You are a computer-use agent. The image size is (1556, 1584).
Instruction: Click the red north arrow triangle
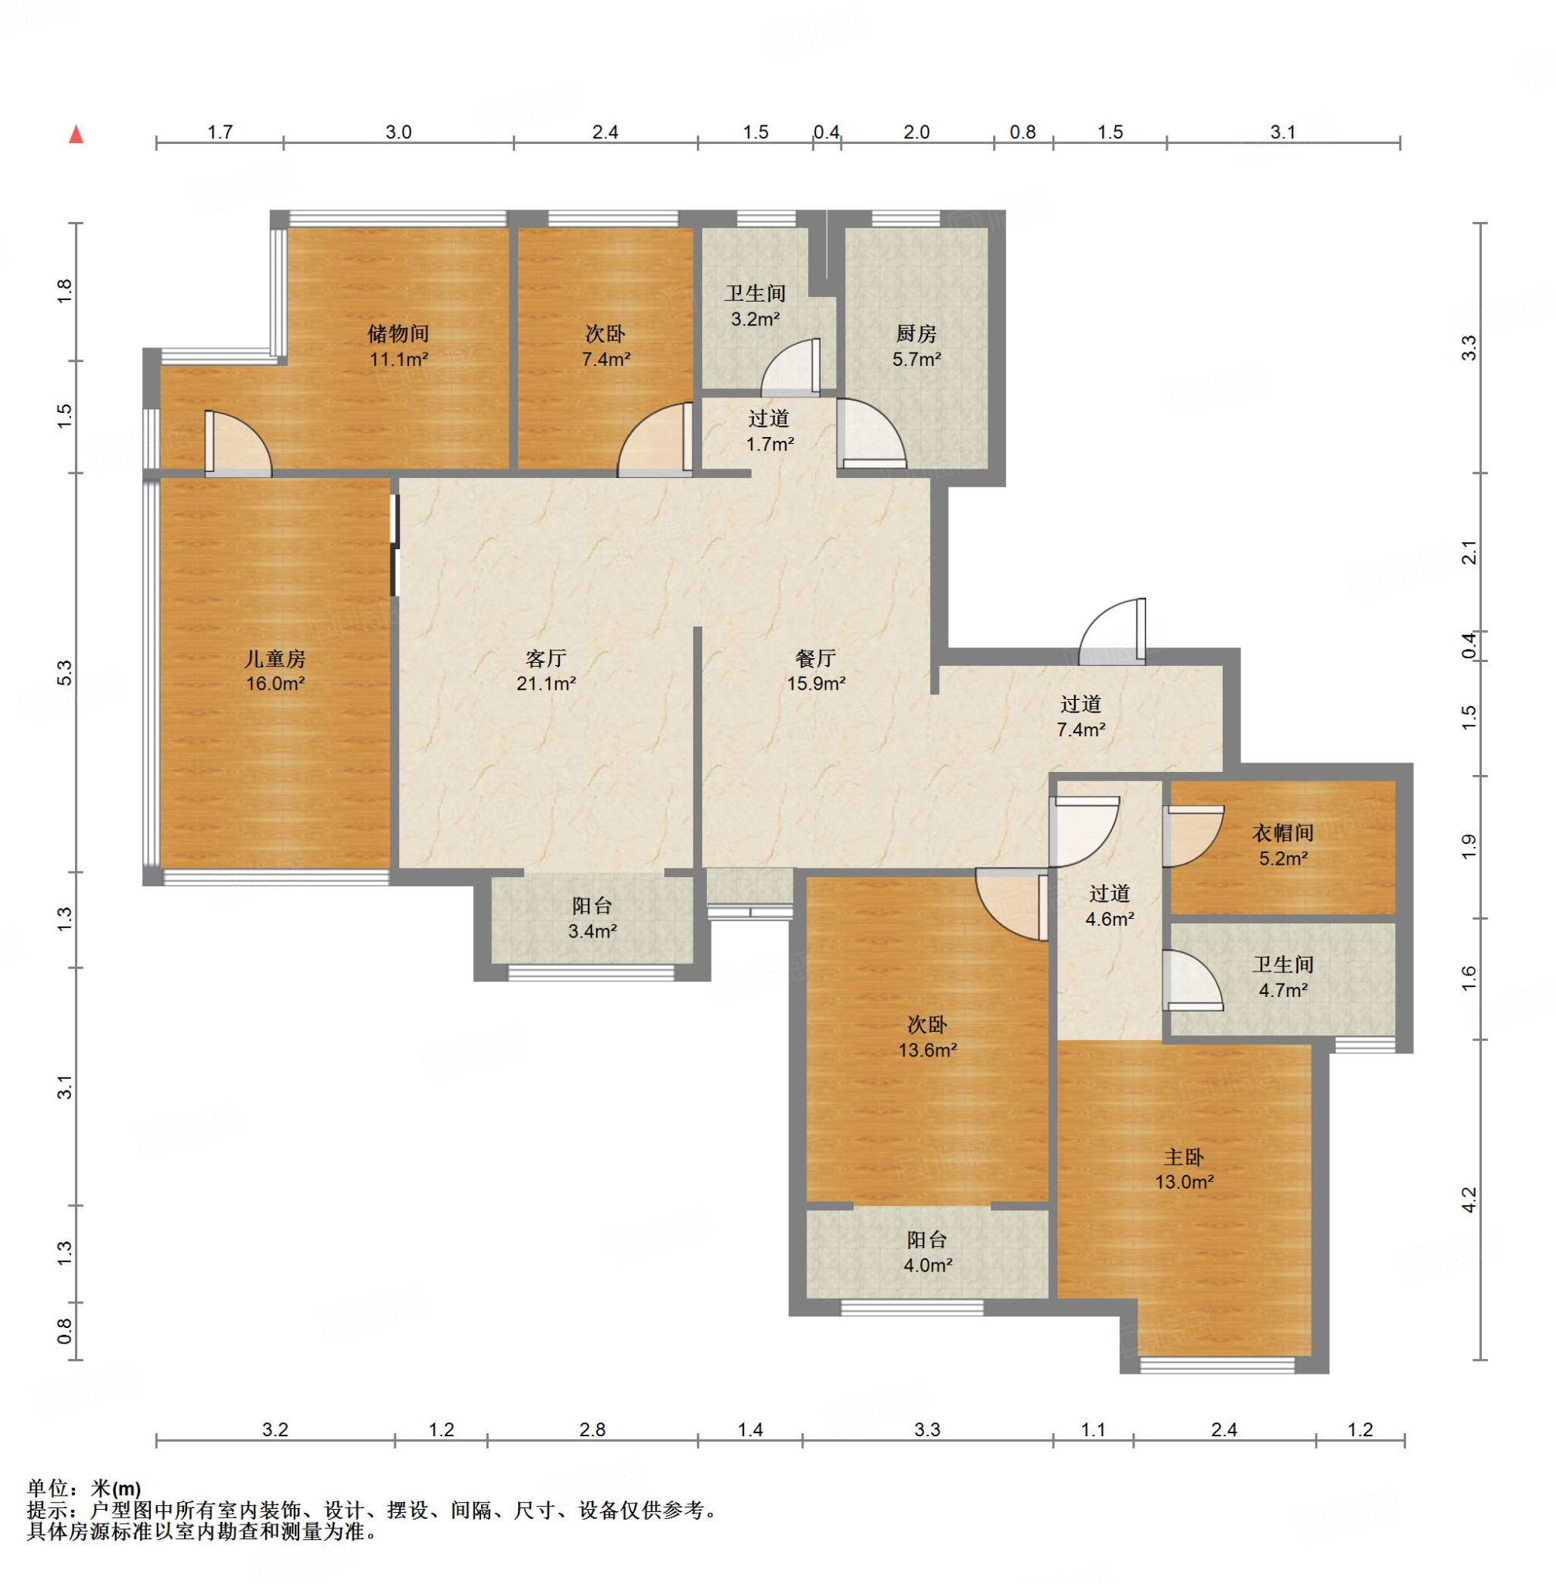[76, 134]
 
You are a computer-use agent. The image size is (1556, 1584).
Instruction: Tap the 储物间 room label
[398, 333]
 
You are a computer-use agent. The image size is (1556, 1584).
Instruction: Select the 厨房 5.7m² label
[916, 346]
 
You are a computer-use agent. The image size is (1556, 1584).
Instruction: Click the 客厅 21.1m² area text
[546, 683]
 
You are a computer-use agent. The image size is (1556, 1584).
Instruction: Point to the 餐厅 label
[816, 658]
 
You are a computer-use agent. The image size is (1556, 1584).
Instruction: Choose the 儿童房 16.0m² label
[275, 671]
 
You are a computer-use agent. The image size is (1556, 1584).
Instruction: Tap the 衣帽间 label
[1283, 833]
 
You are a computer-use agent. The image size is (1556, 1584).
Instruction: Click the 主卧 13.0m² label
[1184, 1169]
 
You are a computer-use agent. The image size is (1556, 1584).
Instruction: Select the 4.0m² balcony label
[926, 1266]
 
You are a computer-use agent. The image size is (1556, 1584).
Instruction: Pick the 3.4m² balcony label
[592, 931]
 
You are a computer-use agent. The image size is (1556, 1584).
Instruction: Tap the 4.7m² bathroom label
[1283, 991]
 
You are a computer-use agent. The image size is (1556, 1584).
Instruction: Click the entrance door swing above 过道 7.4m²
[1112, 632]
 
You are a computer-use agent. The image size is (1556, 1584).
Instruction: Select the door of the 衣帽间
[1193, 836]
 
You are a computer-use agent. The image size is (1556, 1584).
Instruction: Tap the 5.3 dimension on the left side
[66, 673]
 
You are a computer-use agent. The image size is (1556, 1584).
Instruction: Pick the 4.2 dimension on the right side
[1469, 1200]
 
